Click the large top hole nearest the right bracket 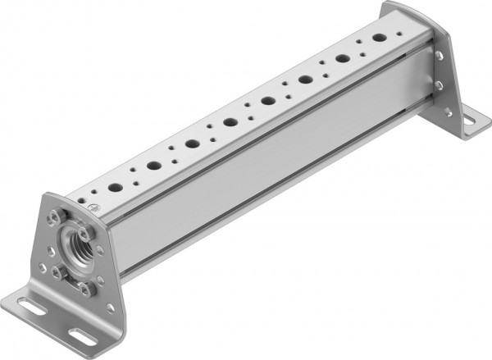tap(380, 38)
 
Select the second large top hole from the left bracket tap(153, 166)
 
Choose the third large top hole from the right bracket tap(305, 80)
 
